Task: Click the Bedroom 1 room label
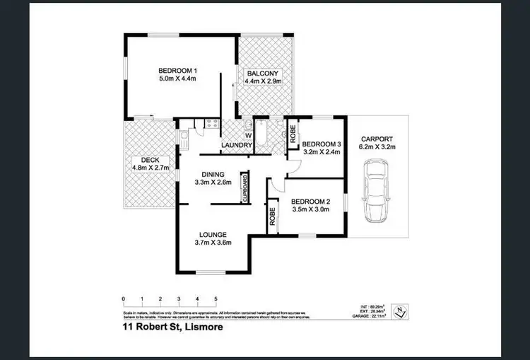point(177,70)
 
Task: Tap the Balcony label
point(263,73)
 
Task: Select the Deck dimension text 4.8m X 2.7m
point(149,168)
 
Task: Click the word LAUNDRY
point(237,146)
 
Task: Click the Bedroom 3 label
point(322,145)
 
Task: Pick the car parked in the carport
point(375,190)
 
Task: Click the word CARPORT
point(377,139)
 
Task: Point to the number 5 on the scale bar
point(216,299)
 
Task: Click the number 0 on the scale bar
point(123,299)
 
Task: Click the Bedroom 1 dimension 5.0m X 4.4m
point(177,79)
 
